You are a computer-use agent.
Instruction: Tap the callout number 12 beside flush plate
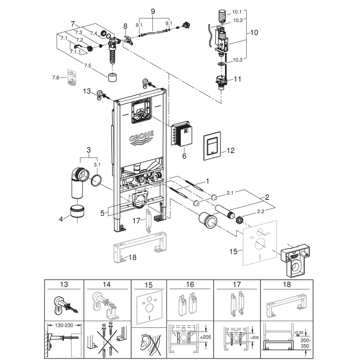[230, 151]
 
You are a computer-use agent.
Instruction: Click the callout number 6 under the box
[184, 156]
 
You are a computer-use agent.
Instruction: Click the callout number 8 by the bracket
[126, 27]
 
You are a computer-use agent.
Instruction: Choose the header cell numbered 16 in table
[190, 285]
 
